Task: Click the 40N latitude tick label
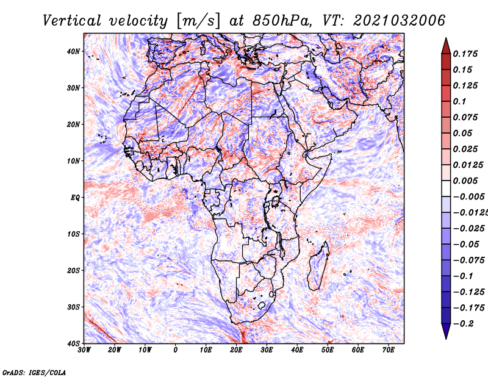73,51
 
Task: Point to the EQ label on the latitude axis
76,198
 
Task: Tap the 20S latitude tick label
73,270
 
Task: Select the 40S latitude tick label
73,343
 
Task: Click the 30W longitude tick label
84,350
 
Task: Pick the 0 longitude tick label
176,350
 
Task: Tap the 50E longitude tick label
328,350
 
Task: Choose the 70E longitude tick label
389,350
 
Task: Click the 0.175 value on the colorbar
465,54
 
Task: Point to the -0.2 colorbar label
464,323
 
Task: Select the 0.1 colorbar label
459,101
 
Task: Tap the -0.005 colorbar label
469,196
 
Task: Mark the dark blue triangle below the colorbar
446,331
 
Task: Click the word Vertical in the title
72,21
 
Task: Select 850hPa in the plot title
282,21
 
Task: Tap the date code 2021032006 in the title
399,21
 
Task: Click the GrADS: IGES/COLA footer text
34,372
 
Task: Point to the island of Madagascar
318,266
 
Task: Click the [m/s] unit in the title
198,21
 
